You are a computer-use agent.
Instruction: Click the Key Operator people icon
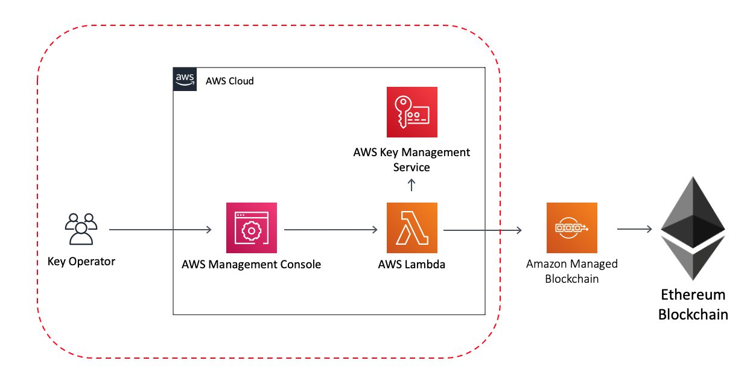coord(81,229)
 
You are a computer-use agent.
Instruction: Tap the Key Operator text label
coord(81,262)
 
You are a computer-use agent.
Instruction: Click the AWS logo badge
coord(185,80)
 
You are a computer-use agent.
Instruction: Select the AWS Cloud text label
coord(230,81)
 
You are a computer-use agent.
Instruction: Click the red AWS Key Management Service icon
coord(412,112)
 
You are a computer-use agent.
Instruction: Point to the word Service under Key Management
coord(412,167)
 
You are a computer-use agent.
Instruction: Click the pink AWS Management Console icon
coord(252,228)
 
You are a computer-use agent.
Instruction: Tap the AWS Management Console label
coord(251,265)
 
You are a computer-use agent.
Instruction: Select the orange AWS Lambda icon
coord(412,228)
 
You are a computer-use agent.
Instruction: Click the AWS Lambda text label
coord(412,265)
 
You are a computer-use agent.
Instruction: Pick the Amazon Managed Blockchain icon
coord(572,228)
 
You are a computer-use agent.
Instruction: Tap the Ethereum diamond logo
coord(693,228)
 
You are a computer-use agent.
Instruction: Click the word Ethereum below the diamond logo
coord(693,295)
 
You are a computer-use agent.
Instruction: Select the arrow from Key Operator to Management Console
coord(160,230)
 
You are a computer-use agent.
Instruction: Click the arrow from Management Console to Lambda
coord(331,230)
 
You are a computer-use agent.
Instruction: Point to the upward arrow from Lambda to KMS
coord(412,185)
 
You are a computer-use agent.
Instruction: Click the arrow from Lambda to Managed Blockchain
coord(483,230)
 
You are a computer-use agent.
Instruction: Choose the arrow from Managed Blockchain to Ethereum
coord(635,229)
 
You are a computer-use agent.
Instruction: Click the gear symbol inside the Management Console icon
coord(252,231)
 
